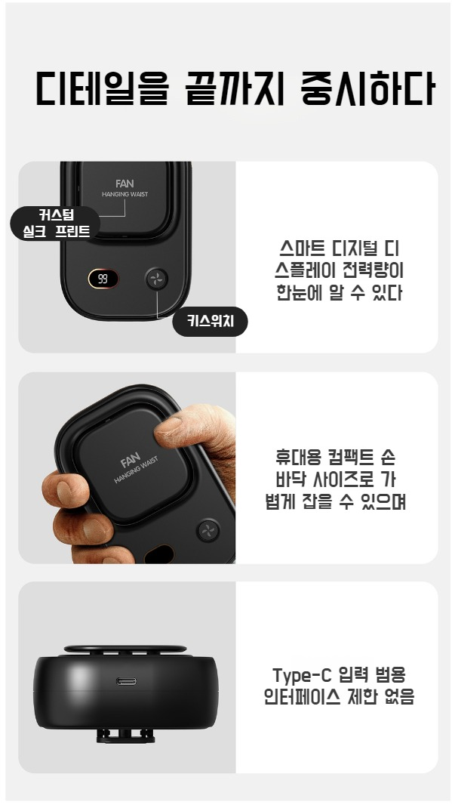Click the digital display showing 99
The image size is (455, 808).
[x=103, y=279]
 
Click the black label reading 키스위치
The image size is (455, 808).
[x=210, y=322]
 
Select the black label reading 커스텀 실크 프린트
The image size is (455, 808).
[x=56, y=223]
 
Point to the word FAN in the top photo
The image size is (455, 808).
[x=125, y=183]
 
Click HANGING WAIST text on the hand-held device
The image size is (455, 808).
[x=137, y=470]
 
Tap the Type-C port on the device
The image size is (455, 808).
[x=126, y=681]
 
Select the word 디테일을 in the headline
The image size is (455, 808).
[x=102, y=88]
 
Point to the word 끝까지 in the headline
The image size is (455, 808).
[x=235, y=88]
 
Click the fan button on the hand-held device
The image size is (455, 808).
[x=208, y=531]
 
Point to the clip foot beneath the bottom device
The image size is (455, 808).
[x=125, y=735]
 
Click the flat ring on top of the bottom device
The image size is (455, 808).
[x=125, y=649]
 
